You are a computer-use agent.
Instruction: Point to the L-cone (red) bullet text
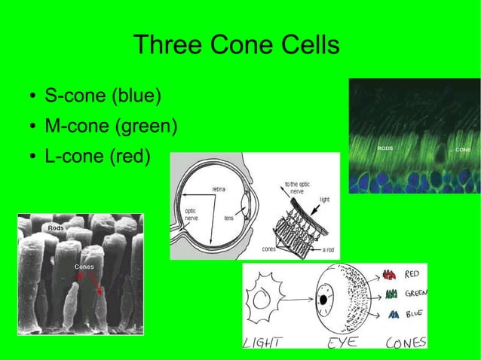pyautogui.click(x=98, y=157)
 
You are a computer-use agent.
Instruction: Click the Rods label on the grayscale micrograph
pyautogui.click(x=56, y=227)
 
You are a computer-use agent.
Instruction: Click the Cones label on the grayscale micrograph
pyautogui.click(x=84, y=267)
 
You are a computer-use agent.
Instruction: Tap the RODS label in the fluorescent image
pyautogui.click(x=385, y=148)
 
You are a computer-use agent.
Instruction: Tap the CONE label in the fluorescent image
pyautogui.click(x=462, y=150)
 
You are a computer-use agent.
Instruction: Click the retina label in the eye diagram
pyautogui.click(x=219, y=188)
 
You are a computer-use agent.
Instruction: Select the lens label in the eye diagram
pyautogui.click(x=228, y=218)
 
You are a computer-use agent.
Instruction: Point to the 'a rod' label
pyautogui.click(x=328, y=249)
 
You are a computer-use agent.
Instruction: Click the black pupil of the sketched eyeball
pyautogui.click(x=324, y=300)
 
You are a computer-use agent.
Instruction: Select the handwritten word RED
pyautogui.click(x=413, y=275)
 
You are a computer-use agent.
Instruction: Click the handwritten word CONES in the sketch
pyautogui.click(x=406, y=343)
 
